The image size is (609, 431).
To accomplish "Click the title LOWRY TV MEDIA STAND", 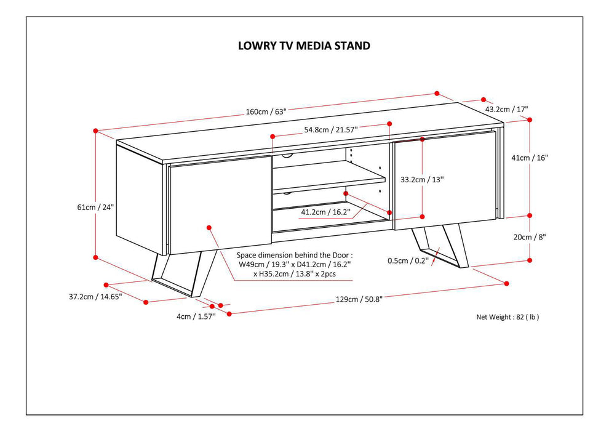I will point(304,46).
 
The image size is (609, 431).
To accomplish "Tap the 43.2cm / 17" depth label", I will point(507,109).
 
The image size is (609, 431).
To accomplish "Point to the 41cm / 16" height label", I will point(529,157).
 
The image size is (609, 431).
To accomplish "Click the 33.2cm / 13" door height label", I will point(421,180).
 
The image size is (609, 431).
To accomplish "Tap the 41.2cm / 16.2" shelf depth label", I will point(325,212).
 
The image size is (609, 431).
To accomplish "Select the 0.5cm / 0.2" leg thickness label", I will point(407,260).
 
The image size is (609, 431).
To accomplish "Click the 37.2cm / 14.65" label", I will point(95,296).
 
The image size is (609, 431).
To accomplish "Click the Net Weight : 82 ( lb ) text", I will point(507,317).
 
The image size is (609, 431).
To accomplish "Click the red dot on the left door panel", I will point(209,227).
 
